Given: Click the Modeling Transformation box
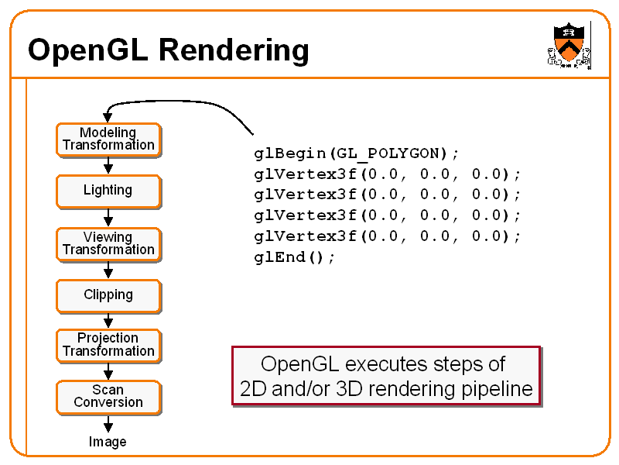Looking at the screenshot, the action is click(108, 140).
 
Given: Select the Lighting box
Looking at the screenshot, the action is click(108, 191).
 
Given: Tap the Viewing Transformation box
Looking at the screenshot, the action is click(108, 244).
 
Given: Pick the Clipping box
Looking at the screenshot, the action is click(108, 296).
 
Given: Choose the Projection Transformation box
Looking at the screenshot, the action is click(108, 346).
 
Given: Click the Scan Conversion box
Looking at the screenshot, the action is click(108, 398).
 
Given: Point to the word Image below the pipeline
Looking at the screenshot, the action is click(108, 442).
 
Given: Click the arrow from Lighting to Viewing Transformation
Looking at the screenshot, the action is click(108, 218).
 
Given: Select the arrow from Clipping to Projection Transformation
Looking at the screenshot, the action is click(108, 321).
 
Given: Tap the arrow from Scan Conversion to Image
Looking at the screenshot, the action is click(108, 423).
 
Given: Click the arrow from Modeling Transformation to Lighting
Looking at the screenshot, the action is click(108, 166).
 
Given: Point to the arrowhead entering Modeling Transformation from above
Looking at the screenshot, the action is click(108, 118).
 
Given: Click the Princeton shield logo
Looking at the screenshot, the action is click(569, 45).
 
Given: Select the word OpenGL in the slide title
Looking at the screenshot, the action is click(87, 50).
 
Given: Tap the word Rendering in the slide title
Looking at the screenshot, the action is click(234, 51).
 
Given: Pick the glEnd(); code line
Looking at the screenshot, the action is click(295, 257).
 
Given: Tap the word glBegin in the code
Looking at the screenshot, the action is click(290, 153).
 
